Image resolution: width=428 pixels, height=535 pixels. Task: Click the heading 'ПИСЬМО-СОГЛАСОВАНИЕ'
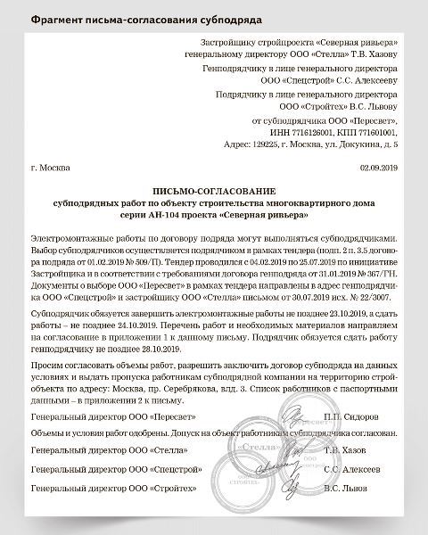(214, 191)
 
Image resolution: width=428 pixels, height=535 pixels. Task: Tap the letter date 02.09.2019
(379, 167)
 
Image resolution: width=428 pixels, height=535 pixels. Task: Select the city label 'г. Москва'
(50, 167)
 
